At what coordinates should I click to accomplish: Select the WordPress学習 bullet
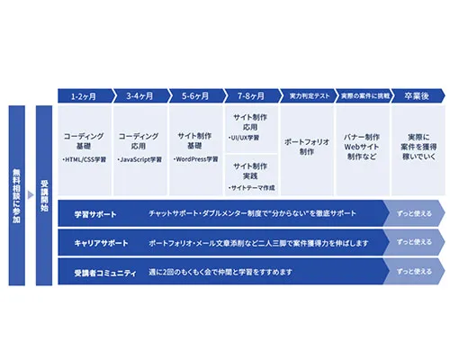click(196, 159)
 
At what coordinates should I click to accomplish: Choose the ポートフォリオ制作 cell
click(307, 147)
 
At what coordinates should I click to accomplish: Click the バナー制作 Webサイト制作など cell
click(363, 147)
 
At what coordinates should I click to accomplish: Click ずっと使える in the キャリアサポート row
click(414, 243)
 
